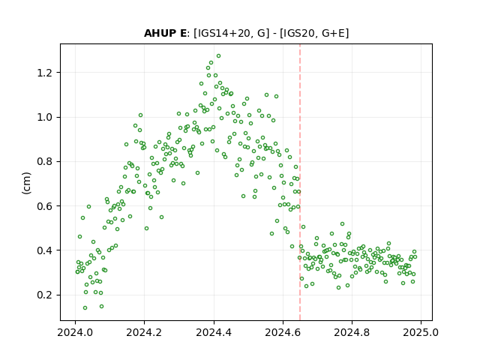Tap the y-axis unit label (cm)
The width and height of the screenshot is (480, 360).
coord(27,183)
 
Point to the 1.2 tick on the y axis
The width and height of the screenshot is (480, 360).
coord(45,73)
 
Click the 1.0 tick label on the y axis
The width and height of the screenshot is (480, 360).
coord(45,117)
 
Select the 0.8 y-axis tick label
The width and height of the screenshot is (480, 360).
coord(45,162)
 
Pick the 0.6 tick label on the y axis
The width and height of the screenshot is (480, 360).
coord(45,206)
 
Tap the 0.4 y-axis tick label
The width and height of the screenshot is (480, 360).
coord(45,250)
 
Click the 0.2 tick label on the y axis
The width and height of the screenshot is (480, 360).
coord(45,295)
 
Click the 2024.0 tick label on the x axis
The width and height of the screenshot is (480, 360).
coord(75,332)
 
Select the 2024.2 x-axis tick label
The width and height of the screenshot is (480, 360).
coord(144,332)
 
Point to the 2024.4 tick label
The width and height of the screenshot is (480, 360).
coord(214,332)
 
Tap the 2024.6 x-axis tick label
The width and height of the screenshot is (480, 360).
coord(283,332)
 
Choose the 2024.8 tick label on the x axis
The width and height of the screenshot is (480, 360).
coord(352,332)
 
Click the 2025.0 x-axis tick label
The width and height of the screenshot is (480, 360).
coord(421,332)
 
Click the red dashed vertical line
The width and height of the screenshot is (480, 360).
coord(300,182)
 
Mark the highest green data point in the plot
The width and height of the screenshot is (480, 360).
coord(218,56)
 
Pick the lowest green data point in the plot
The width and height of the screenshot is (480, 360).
coord(85,308)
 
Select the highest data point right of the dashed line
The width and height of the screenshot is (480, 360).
coord(342,224)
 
